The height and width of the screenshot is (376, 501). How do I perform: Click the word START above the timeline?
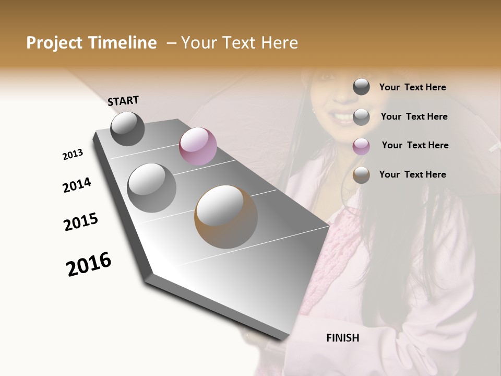pos(123,101)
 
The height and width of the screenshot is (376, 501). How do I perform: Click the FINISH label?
pos(342,338)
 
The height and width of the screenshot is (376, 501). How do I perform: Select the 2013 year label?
pos(73,155)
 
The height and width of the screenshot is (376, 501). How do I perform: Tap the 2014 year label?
pos(77,185)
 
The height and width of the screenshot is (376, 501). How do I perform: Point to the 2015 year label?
pos(80,222)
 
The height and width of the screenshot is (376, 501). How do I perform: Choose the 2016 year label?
pos(89,264)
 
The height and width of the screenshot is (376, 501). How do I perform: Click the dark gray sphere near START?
pos(127,128)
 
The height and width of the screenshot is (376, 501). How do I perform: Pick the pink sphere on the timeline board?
pos(198,146)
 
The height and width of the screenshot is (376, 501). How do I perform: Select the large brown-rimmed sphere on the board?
pos(226,217)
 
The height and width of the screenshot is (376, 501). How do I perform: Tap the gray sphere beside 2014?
pos(151,188)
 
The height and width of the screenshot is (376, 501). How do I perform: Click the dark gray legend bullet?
pos(361,87)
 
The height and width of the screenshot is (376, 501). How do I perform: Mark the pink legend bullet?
pos(361,146)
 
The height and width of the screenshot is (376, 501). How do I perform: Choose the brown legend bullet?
pos(361,175)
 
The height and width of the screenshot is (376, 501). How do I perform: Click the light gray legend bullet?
pos(361,117)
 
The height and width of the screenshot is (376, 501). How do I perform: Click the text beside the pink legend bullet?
pos(415,145)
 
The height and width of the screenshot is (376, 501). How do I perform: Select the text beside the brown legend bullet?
pos(412,174)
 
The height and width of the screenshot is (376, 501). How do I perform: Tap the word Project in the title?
pos(54,43)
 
